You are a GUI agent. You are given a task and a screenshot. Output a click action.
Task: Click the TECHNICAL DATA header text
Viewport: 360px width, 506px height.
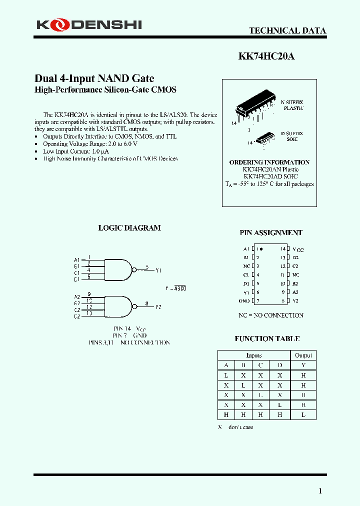(x=287, y=30)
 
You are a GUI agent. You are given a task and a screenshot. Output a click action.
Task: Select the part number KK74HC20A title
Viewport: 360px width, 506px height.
(x=266, y=56)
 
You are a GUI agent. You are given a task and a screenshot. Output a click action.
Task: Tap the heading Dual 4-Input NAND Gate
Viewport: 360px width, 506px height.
(x=94, y=78)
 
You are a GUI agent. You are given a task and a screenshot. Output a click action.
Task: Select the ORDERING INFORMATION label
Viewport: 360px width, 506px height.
(x=269, y=162)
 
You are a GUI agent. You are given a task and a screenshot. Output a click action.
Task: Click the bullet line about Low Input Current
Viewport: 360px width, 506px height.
(x=75, y=151)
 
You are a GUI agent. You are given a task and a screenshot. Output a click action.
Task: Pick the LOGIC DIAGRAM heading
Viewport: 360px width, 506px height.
(x=129, y=228)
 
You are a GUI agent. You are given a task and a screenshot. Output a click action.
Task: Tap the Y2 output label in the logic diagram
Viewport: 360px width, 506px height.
(x=158, y=307)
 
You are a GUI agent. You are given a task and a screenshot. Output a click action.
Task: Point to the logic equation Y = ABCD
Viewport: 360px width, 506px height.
(x=175, y=288)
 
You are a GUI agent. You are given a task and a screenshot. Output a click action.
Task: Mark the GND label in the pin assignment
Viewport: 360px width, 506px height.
(x=244, y=301)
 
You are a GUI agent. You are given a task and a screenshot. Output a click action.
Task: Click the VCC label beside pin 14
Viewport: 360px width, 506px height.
(x=298, y=249)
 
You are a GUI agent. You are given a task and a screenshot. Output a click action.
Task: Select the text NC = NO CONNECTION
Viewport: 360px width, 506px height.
(x=270, y=315)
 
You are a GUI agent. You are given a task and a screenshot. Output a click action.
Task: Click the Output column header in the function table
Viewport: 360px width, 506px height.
(x=303, y=355)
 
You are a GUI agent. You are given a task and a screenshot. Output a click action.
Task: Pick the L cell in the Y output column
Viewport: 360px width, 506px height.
(x=303, y=415)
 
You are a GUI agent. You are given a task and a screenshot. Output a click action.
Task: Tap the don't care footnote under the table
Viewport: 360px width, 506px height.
(x=235, y=427)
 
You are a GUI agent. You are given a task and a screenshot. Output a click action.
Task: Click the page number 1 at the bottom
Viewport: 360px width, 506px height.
(x=320, y=491)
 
